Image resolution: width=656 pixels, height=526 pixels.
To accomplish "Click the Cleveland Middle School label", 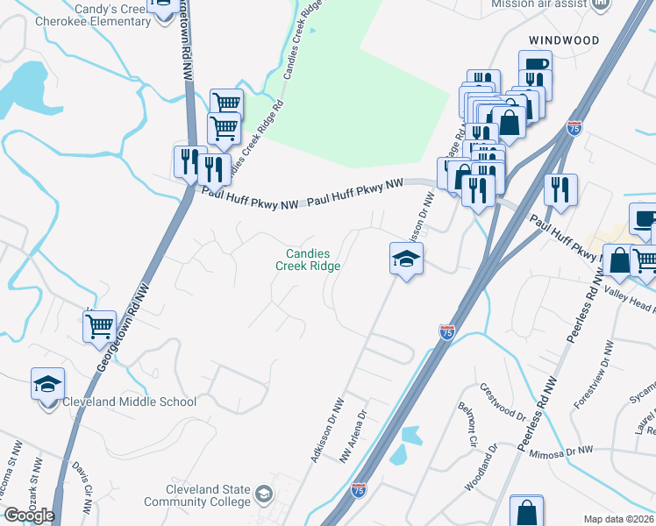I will (x=129, y=402).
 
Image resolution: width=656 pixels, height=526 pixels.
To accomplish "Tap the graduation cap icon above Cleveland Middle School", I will (x=48, y=384).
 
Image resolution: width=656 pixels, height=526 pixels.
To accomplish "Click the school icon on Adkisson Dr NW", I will (x=407, y=259).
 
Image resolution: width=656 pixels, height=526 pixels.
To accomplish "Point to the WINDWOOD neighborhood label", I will (x=564, y=41).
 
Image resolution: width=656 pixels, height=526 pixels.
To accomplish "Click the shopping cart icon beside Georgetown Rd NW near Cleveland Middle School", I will (x=100, y=326).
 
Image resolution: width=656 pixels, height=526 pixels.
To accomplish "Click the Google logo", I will (x=29, y=515).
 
